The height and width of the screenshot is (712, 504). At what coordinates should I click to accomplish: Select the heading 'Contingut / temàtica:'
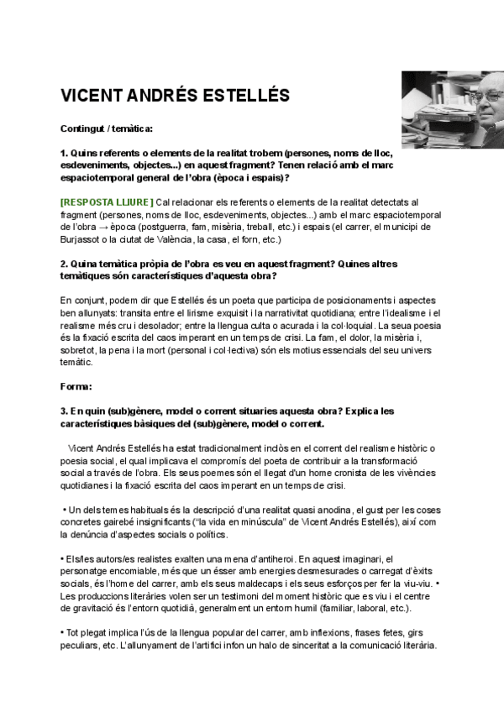(106, 129)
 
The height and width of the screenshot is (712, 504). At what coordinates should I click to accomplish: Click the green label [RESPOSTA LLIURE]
(107, 202)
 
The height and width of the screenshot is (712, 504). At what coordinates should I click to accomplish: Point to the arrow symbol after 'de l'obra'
(124, 226)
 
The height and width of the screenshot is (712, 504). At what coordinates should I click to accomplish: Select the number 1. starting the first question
(64, 154)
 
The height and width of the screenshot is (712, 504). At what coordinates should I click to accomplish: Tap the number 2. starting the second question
(64, 263)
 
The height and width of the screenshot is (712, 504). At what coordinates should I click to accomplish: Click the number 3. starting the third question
(64, 410)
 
